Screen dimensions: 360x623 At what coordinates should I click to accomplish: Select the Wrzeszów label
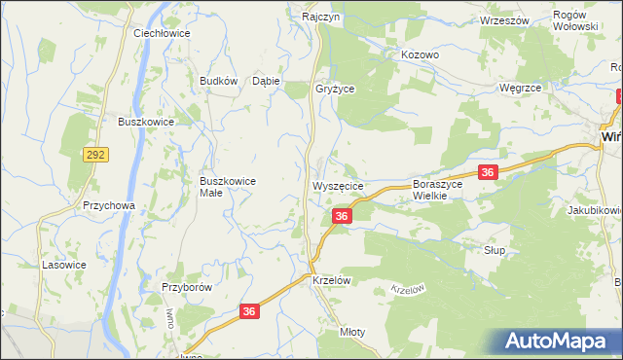click(x=504, y=20)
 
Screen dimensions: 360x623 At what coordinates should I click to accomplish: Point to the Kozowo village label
click(x=421, y=55)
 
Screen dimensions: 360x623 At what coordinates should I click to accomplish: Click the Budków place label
click(x=218, y=82)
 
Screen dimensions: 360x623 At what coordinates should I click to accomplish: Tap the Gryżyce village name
click(x=335, y=88)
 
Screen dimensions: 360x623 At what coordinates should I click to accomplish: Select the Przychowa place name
click(x=108, y=206)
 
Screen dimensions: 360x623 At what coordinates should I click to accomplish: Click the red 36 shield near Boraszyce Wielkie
click(x=489, y=172)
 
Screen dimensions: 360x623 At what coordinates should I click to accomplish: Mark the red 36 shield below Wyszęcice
click(x=341, y=216)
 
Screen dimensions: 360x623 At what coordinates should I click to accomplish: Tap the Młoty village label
click(x=351, y=332)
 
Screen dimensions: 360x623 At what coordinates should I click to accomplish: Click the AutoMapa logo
click(x=560, y=342)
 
